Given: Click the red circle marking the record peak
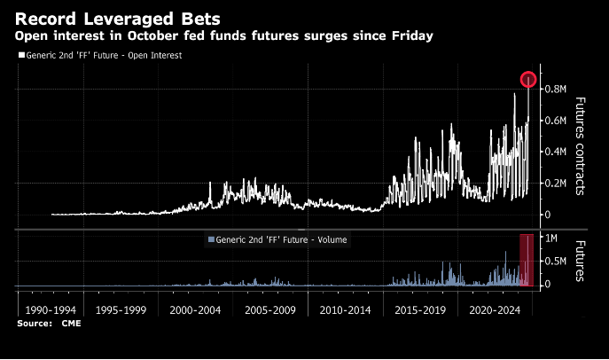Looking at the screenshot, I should [528, 80].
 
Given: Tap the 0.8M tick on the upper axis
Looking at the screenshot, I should [555, 89].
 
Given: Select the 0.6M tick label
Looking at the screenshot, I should [555, 121].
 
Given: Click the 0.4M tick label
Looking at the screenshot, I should [555, 152].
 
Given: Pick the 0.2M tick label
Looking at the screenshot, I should [555, 183].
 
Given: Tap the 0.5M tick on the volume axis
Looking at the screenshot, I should [555, 262].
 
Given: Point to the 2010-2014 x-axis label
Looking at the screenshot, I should [344, 312].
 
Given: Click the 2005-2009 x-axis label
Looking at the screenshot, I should [271, 312].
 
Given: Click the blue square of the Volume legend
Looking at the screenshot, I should [209, 239].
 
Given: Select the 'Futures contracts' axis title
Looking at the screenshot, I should [582, 145].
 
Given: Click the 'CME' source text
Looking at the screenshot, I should [71, 325].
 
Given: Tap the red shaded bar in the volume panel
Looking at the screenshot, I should [527, 261].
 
